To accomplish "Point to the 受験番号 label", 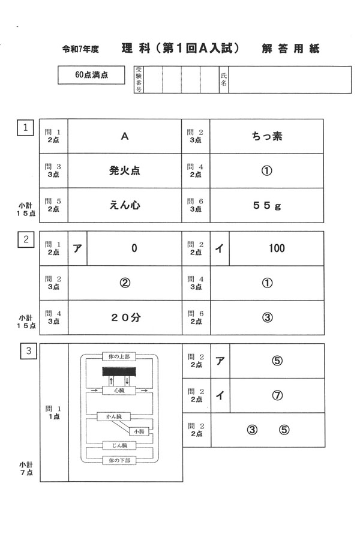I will tap(139, 80).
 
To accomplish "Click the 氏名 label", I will tap(224, 80).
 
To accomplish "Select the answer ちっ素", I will tap(267, 136).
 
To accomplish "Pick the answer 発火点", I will tap(125, 170).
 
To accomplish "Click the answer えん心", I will tap(125, 205).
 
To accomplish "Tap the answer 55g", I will tap(267, 205).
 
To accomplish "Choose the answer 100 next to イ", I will tap(277, 248).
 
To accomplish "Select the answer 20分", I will tap(125, 318).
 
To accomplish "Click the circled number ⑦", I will tap(277, 395).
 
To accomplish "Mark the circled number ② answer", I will tap(125, 283).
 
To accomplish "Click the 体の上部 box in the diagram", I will tap(119, 356).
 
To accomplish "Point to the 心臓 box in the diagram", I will tap(119, 390).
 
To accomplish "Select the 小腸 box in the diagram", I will tap(139, 431).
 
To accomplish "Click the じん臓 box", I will tap(119, 446).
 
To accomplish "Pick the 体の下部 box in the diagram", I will tap(119, 460).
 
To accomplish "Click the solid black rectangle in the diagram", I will tap(119, 372).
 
